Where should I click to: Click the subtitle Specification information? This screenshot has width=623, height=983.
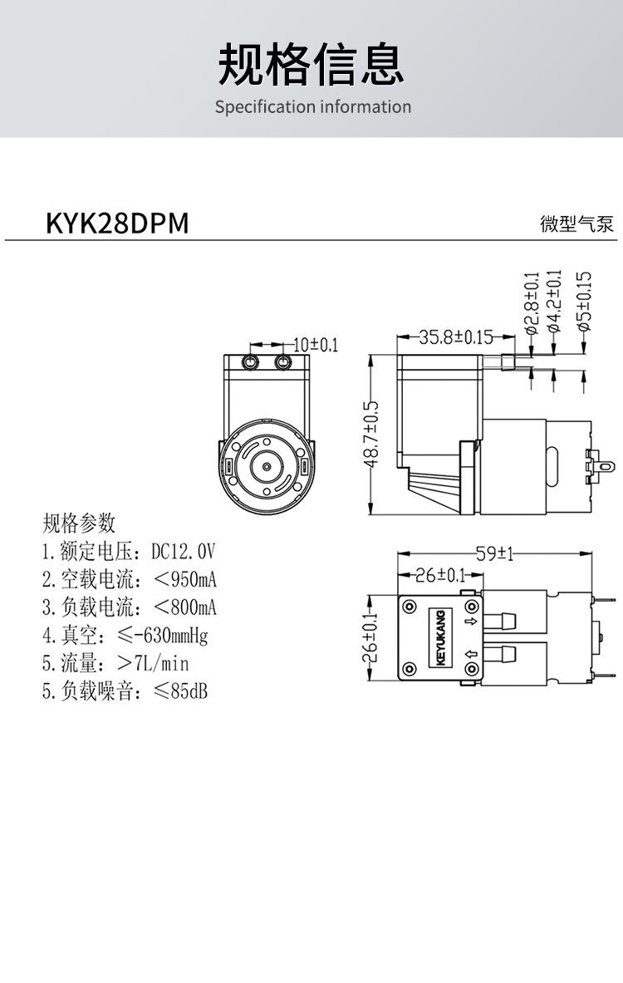click(312, 106)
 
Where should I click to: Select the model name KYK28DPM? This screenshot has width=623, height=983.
click(117, 223)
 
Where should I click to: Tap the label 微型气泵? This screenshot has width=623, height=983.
click(576, 224)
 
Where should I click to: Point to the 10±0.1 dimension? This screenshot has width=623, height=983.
click(315, 344)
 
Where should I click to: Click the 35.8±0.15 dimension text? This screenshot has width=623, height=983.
click(455, 337)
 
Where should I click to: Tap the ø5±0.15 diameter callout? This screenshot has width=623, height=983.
click(584, 301)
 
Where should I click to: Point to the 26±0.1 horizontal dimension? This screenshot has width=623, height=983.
click(439, 575)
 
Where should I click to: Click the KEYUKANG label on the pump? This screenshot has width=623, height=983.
click(440, 638)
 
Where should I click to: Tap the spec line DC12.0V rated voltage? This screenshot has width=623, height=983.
click(129, 551)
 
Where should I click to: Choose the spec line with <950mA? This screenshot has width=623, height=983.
click(129, 579)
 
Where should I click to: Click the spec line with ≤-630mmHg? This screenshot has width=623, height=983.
click(125, 636)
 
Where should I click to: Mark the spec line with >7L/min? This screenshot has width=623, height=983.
click(115, 663)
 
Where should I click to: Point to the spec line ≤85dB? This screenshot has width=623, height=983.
click(125, 691)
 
